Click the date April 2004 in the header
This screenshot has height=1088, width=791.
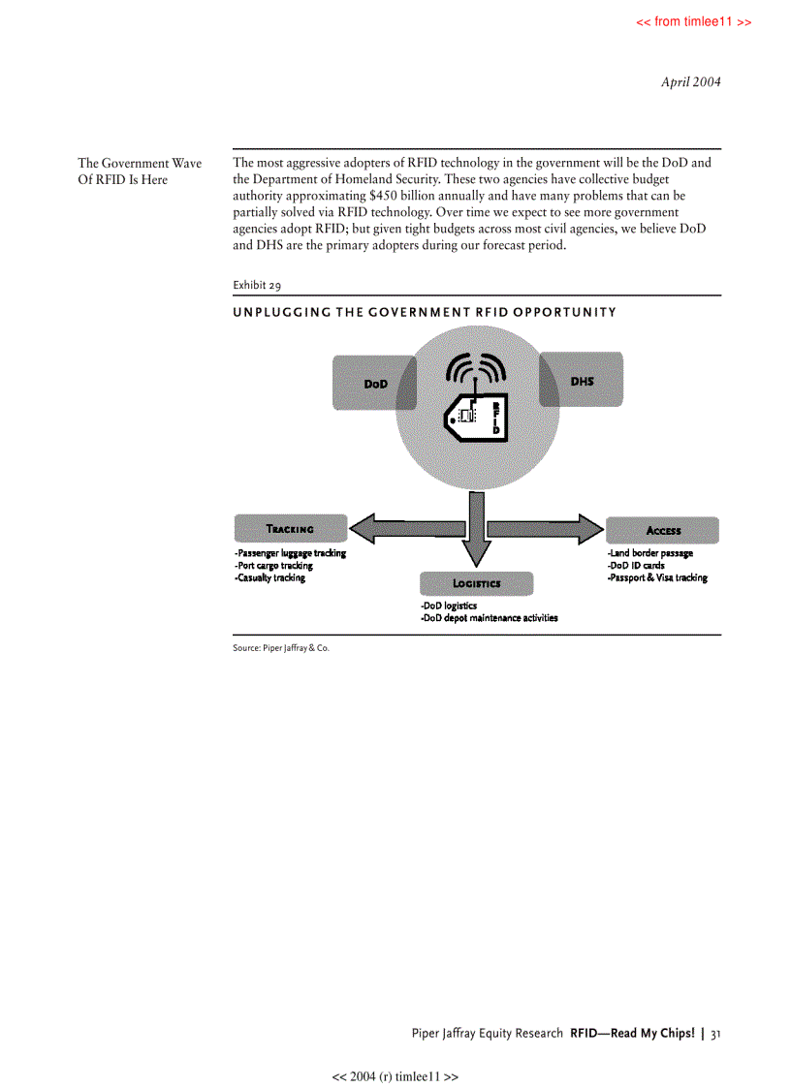(690, 81)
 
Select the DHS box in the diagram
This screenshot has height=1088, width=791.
(582, 381)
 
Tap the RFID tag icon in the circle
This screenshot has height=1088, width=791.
(474, 417)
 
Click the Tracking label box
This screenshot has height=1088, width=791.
(290, 529)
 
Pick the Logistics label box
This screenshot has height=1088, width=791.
(476, 583)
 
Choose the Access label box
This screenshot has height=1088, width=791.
(663, 530)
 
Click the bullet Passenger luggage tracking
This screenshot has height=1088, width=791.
(290, 553)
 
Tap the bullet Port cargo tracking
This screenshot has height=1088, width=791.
(273, 566)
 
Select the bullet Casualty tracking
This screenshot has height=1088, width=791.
(269, 578)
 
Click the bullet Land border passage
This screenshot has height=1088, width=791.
(649, 553)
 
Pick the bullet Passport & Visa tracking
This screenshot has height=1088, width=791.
(657, 578)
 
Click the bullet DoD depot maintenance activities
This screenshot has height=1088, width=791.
(489, 618)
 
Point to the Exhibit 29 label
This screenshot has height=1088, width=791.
(257, 285)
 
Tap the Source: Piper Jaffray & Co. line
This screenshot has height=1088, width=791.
(281, 647)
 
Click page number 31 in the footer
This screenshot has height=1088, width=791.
(715, 1034)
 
